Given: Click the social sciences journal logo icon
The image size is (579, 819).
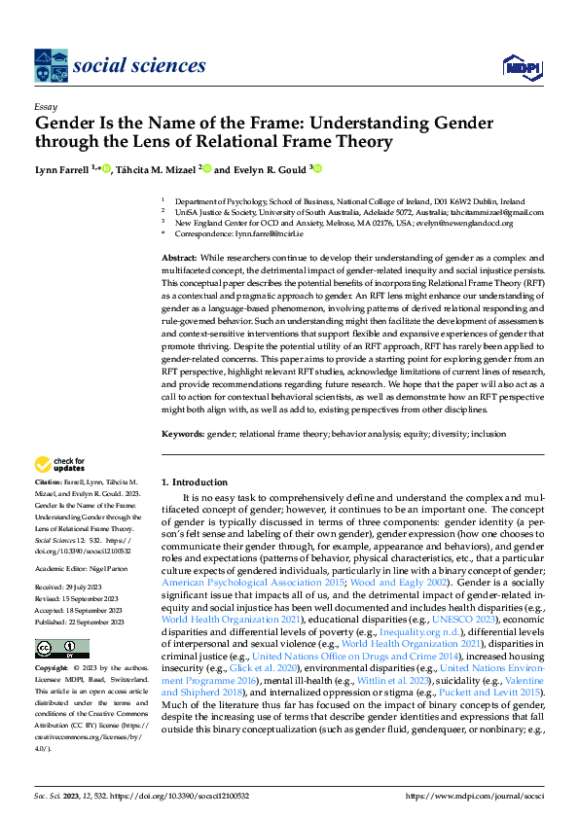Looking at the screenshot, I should point(52,66).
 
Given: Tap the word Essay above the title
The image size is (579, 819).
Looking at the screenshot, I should point(46,107).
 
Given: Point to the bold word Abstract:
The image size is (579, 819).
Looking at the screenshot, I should point(181,257).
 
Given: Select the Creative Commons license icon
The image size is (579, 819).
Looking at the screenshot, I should point(61,649).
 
